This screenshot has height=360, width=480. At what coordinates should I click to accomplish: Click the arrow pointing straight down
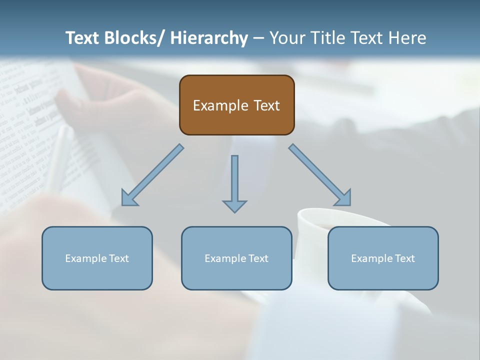click(234, 182)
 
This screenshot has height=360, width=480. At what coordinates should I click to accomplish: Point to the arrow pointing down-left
click(152, 175)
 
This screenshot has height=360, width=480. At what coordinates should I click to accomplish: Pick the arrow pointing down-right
click(320, 175)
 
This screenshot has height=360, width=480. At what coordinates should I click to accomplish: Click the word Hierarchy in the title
click(209, 38)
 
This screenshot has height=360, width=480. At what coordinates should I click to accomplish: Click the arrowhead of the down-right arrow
click(344, 198)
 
